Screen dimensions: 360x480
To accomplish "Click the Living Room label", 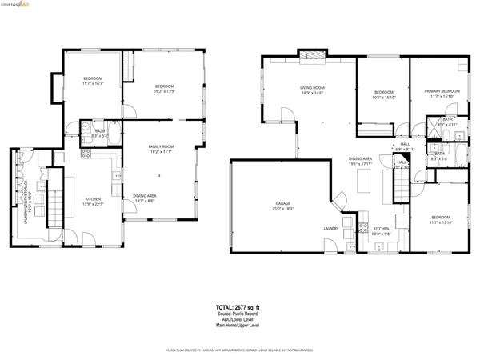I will tap(311, 90).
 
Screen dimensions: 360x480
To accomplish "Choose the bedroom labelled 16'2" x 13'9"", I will tap(165, 88).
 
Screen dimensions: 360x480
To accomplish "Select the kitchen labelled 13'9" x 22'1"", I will tap(94, 201).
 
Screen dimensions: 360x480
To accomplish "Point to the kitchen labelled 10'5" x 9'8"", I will tap(381, 231).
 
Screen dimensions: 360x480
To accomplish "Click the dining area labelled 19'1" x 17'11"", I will tap(361, 162).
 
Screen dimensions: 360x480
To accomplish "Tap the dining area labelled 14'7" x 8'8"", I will tap(145, 198).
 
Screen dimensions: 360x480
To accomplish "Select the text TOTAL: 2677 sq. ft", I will tap(239, 306).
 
